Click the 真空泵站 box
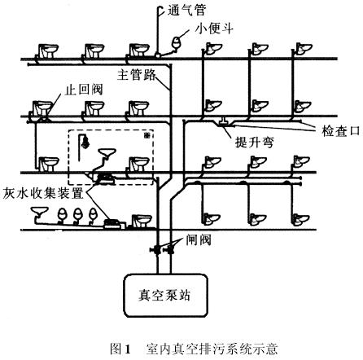[166, 296]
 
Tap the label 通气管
[187, 11]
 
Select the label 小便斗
[214, 29]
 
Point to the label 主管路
[137, 74]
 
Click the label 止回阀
[84, 90]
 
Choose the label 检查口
[341, 131]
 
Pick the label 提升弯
[255, 142]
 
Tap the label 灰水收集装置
[43, 193]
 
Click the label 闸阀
[199, 240]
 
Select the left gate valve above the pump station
[156, 249]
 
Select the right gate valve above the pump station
[170, 249]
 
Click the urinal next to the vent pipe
[177, 42]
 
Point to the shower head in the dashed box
[85, 142]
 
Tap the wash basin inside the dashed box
[107, 153]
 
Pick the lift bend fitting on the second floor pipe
[224, 122]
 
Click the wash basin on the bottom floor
[40, 211]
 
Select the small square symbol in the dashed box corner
[147, 135]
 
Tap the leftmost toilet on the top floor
[48, 50]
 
